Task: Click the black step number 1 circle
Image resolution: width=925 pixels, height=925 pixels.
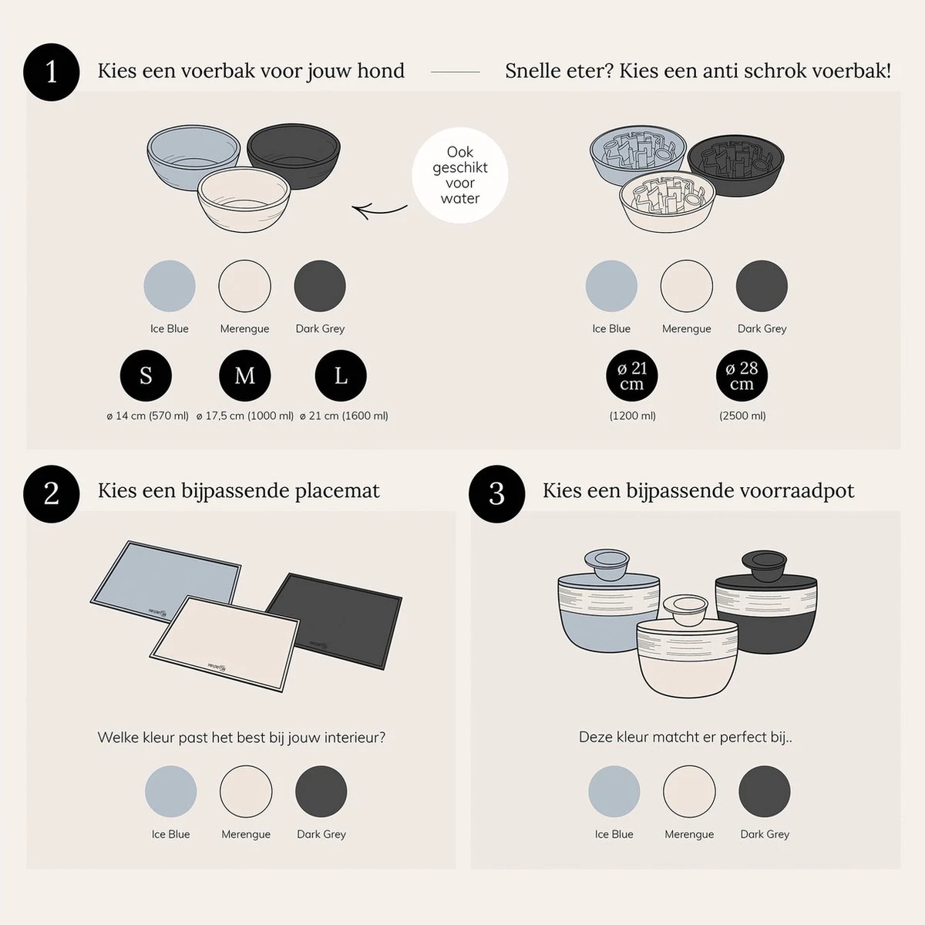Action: point(52,72)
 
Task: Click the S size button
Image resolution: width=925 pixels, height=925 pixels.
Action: point(146,375)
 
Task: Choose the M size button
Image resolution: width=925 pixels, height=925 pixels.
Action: point(244,375)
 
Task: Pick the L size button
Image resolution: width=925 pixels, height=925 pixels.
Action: point(341,375)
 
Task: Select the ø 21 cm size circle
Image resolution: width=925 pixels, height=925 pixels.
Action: point(632,375)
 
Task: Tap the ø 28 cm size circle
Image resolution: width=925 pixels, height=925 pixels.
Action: point(742,375)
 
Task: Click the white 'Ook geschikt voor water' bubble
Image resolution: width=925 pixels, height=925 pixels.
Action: point(460,176)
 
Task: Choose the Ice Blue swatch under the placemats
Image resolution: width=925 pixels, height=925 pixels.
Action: point(170,792)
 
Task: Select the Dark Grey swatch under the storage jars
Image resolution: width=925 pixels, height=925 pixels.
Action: point(764,792)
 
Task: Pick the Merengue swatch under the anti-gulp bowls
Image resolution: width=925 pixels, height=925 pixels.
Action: point(686,286)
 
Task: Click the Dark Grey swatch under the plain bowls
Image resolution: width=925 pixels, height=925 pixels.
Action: point(320,286)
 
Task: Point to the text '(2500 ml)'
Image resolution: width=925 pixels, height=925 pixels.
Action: point(742,415)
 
